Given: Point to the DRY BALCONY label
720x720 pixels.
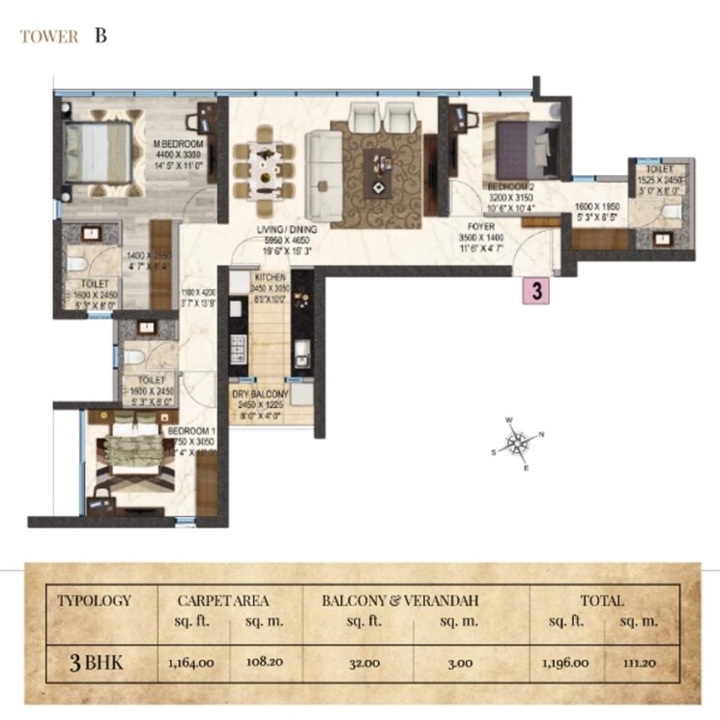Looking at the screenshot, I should [256, 395].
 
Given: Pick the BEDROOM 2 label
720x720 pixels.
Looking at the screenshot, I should [507, 186].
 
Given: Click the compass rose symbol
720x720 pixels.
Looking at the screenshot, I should [520, 444].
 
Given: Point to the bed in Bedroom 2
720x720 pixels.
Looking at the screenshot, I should [519, 145].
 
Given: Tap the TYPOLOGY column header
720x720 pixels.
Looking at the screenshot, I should [94, 600].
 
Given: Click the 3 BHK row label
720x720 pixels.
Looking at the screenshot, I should [94, 664].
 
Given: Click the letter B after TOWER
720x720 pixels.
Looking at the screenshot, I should [101, 38].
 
